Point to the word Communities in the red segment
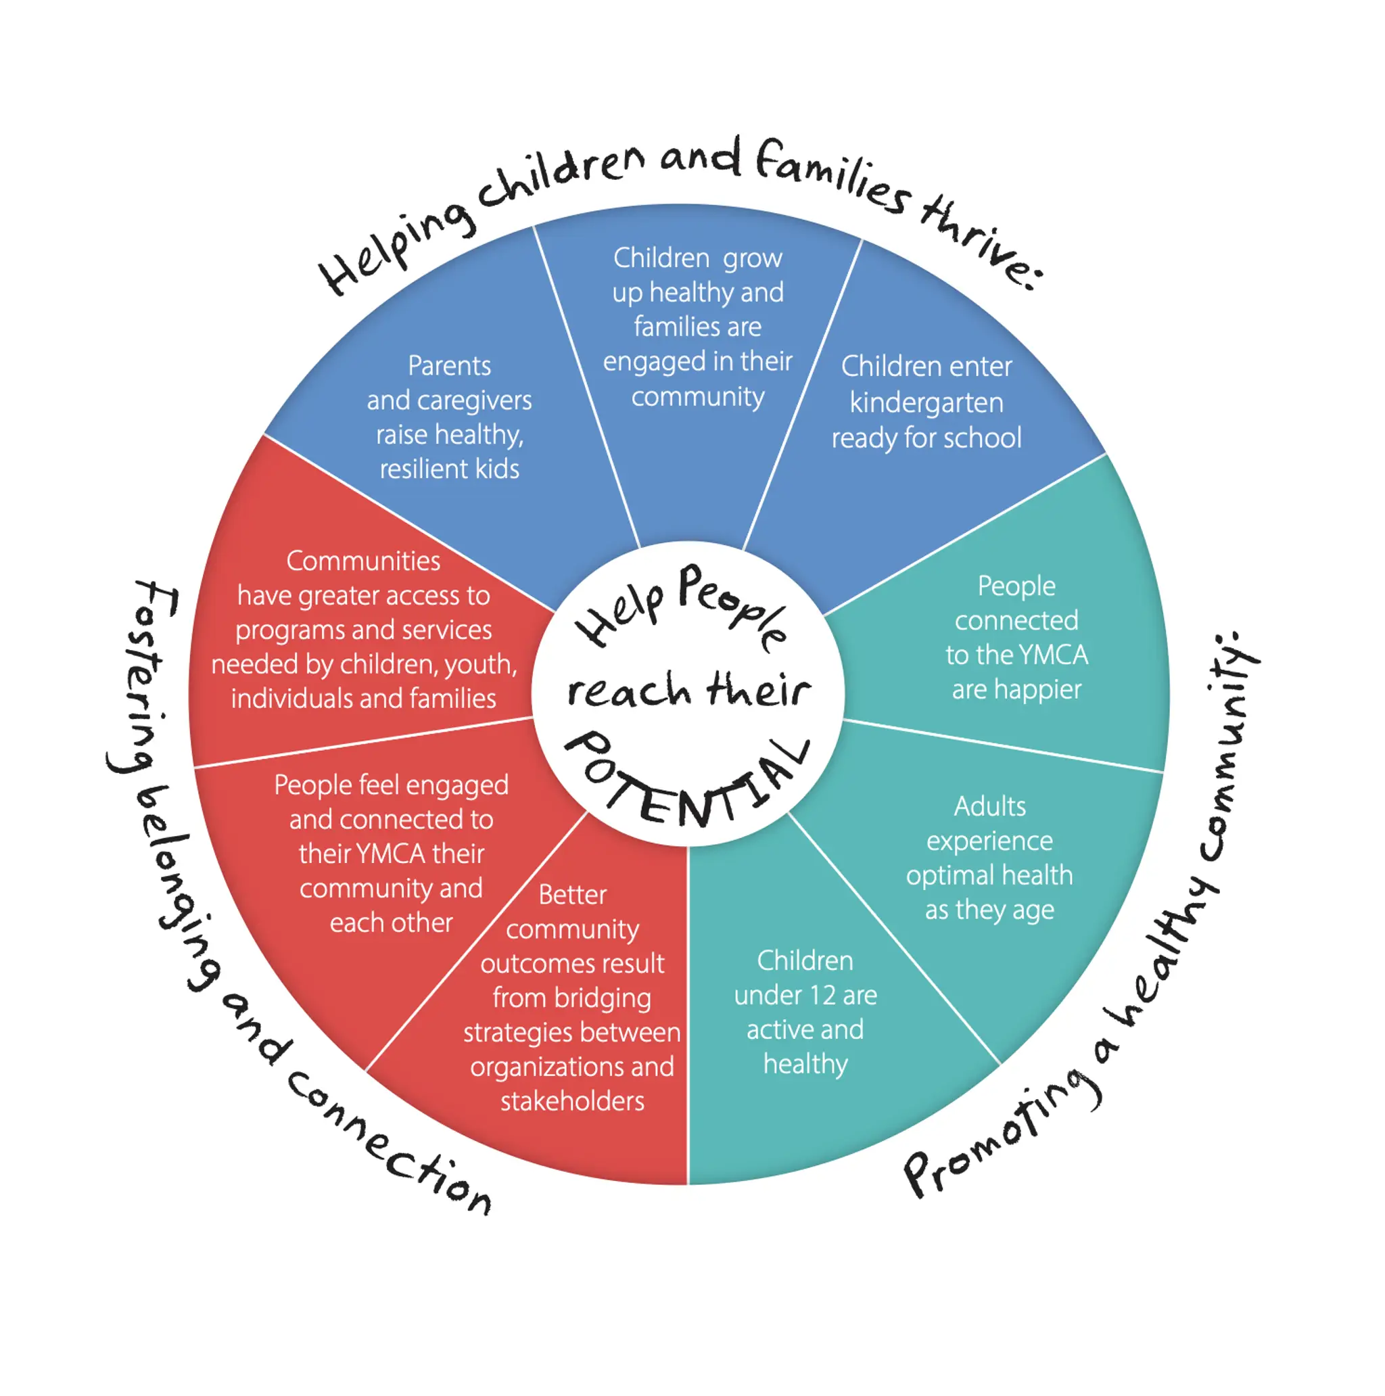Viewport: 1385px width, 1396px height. (x=362, y=561)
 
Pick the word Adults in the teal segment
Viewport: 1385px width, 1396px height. (x=989, y=806)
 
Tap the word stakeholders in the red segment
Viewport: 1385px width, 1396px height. (x=572, y=1101)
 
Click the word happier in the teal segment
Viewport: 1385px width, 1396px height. (x=1037, y=689)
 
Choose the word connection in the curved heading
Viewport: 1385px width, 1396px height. (x=390, y=1142)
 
